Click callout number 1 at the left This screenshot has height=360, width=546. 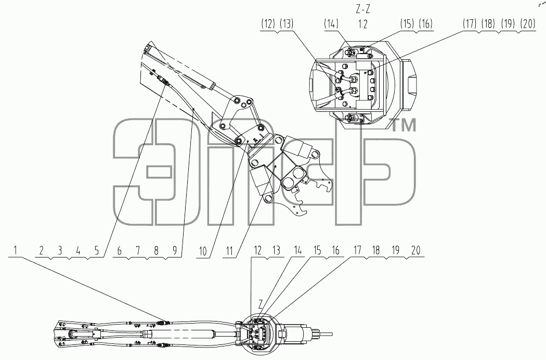[15, 250]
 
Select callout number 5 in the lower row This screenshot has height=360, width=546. [96, 250]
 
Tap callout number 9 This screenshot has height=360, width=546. [174, 250]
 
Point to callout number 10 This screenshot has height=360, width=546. [203, 251]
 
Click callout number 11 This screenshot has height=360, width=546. [229, 251]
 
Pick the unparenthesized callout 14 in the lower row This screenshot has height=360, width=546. [297, 250]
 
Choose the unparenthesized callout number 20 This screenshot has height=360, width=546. [416, 250]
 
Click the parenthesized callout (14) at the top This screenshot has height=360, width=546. [331, 24]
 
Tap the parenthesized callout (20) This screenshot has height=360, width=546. [528, 24]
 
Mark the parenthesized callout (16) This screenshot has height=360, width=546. [425, 24]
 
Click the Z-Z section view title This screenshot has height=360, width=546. [362, 9]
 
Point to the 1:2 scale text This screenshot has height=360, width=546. [363, 24]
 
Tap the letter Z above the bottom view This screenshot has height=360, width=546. [260, 304]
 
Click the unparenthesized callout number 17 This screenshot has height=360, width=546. [358, 250]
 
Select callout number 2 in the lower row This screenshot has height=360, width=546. [42, 250]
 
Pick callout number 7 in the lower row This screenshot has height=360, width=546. [138, 250]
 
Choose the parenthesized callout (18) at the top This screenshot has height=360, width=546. [488, 24]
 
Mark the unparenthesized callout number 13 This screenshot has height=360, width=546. [276, 250]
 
